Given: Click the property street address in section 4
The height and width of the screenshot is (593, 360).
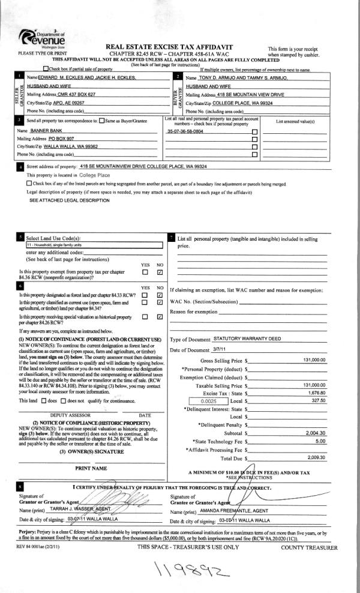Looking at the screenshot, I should click(x=143, y=166).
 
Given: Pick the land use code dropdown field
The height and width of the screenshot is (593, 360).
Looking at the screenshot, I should click(x=94, y=245).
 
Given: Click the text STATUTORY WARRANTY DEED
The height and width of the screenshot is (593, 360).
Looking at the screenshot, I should click(x=248, y=339).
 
